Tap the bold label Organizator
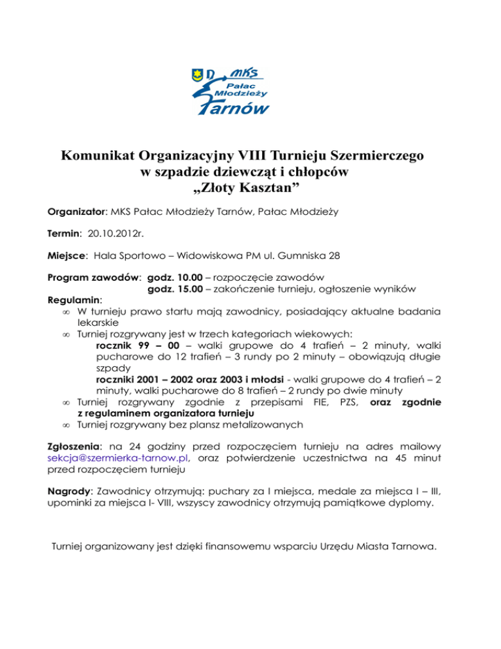coord(77,212)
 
